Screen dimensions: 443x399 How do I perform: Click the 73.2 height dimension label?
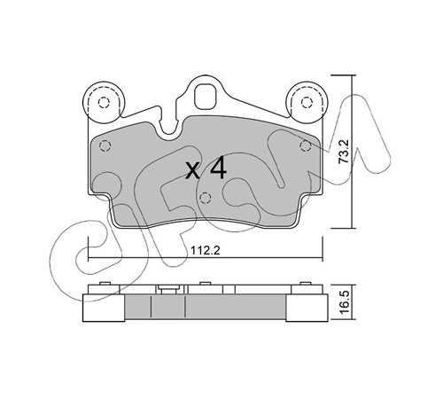pos(344,152)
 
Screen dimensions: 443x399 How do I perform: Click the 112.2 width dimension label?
pos(206,251)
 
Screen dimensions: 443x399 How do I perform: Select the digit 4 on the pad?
pos(218,168)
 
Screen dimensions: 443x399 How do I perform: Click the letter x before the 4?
pos(193,171)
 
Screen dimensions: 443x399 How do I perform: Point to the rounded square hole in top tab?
pos(206,97)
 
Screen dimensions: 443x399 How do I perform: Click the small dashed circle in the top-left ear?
pos(104,103)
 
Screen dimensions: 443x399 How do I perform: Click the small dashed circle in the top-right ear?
pos(307,103)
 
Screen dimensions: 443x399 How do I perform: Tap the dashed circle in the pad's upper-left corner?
pos(105,145)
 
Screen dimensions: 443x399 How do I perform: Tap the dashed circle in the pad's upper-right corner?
pos(305,145)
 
